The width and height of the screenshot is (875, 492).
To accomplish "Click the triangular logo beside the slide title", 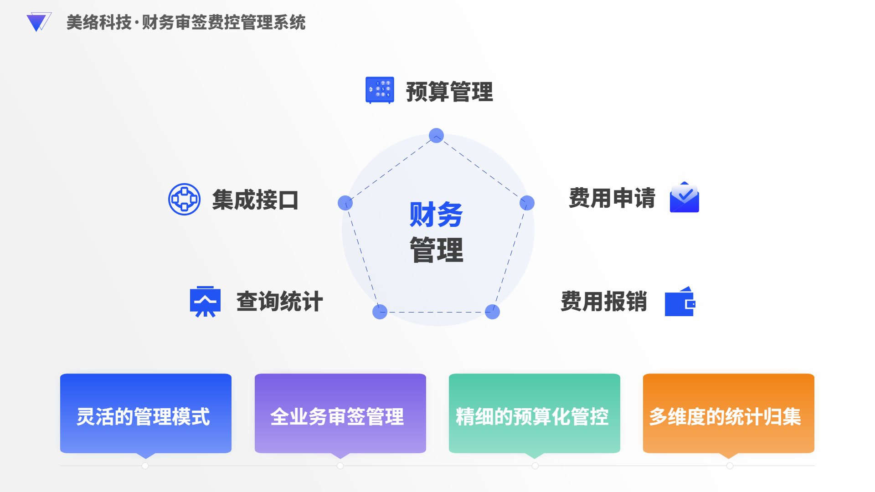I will pos(38,22).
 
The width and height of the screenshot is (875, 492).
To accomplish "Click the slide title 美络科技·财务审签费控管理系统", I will pos(186,22).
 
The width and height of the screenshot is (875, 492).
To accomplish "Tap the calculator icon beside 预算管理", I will pos(380,90).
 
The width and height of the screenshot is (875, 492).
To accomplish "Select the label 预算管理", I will pos(449,92).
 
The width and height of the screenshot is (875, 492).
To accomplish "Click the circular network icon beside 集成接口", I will pos(184,200).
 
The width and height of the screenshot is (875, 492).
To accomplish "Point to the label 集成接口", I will pos(255,200).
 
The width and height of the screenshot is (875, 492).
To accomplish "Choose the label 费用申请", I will pos(612,198).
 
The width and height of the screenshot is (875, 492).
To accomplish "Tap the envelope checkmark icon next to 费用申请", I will pos(684,197).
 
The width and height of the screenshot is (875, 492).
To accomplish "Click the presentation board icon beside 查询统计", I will pos(205,302).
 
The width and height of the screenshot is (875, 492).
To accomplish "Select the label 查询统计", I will pos(280,301).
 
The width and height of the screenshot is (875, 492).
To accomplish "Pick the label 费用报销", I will pos(604,301).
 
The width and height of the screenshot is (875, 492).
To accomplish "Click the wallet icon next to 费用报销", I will pos(680,302).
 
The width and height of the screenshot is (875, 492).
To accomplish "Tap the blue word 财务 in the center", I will pos(436,214).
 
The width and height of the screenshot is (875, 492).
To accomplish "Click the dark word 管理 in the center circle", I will pos(436,250).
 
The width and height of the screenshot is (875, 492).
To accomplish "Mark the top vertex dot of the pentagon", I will pos(436,135).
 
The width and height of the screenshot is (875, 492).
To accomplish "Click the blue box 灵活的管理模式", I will pos(146,413).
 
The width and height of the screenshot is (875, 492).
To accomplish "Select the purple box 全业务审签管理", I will pos(340,413).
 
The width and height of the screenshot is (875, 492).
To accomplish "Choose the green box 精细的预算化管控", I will pos(534,413).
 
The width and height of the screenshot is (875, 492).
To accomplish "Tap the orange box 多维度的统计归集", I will pos(728,413).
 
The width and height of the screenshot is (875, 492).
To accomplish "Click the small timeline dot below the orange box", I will pos(730,466).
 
